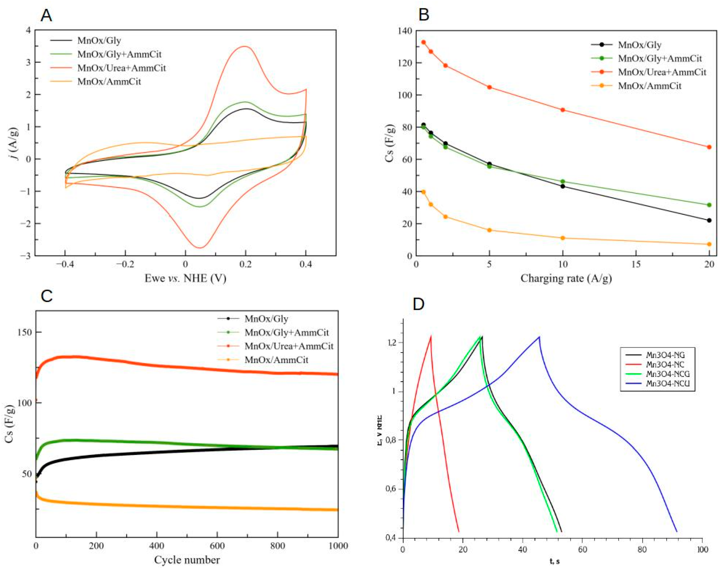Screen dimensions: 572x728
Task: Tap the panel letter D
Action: point(419,304)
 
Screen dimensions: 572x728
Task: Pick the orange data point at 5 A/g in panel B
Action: point(489,230)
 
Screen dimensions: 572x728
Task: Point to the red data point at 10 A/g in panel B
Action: point(562,110)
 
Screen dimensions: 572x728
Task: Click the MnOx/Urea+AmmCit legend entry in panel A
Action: point(121,68)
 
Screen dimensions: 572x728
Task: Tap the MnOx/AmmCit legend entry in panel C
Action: point(276,360)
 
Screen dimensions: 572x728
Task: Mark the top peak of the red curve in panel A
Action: point(245,46)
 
